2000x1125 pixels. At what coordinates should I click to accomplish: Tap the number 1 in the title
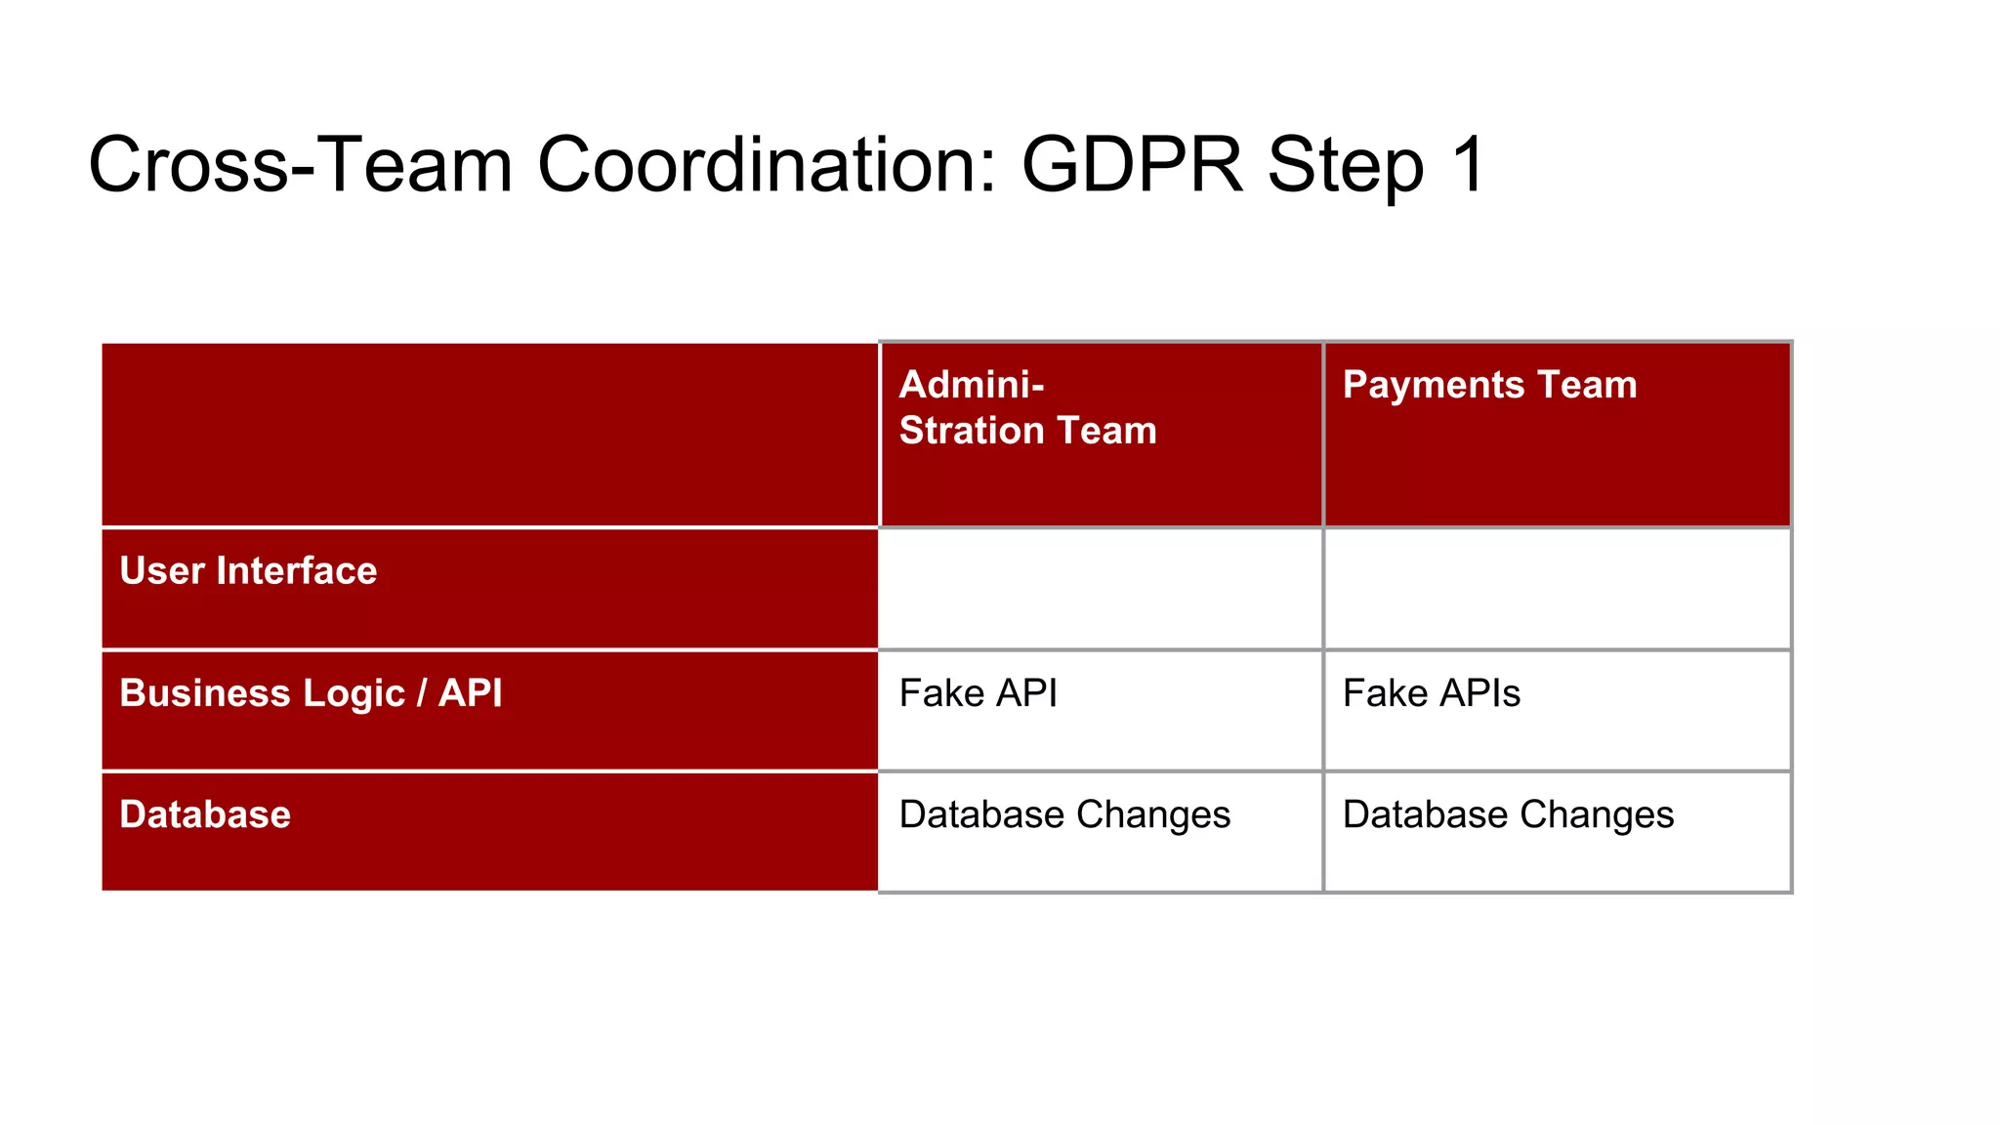(1468, 164)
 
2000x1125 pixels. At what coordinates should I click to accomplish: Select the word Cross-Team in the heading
(300, 164)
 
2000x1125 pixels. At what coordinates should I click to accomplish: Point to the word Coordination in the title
(767, 164)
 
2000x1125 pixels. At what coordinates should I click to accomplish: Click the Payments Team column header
(1489, 385)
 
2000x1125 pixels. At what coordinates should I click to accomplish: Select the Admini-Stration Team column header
(1027, 408)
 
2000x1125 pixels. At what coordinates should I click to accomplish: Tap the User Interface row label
(248, 570)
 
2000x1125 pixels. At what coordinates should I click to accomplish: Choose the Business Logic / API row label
(311, 693)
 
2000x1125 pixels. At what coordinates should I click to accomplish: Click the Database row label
(205, 814)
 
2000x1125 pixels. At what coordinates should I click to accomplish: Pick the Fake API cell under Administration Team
(979, 693)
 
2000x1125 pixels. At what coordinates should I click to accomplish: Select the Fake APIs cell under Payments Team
(1432, 693)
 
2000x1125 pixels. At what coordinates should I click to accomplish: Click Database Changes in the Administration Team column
(1064, 814)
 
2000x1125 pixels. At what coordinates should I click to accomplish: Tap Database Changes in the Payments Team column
(1508, 814)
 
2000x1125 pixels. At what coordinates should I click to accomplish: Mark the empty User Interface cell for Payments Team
(1557, 589)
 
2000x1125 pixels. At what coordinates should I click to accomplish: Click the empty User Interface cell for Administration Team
(1101, 589)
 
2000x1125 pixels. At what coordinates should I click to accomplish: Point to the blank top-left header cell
(490, 435)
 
